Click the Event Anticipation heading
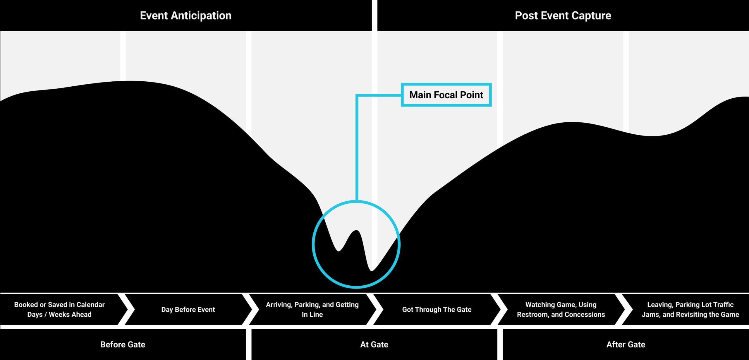pyautogui.click(x=185, y=16)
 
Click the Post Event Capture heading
pyautogui.click(x=563, y=16)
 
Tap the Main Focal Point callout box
pyautogui.click(x=446, y=95)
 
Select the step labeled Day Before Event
pyautogui.click(x=188, y=309)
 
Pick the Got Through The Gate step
pyautogui.click(x=437, y=309)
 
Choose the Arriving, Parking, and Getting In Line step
pyautogui.click(x=312, y=309)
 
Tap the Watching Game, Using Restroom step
pyautogui.click(x=561, y=309)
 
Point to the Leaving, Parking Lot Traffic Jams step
pyautogui.click(x=690, y=309)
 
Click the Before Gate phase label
pyautogui.click(x=123, y=344)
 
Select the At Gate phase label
pyautogui.click(x=374, y=344)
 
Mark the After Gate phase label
pyautogui.click(x=626, y=344)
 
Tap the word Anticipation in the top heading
pyautogui.click(x=201, y=16)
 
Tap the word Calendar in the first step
pyautogui.click(x=90, y=305)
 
